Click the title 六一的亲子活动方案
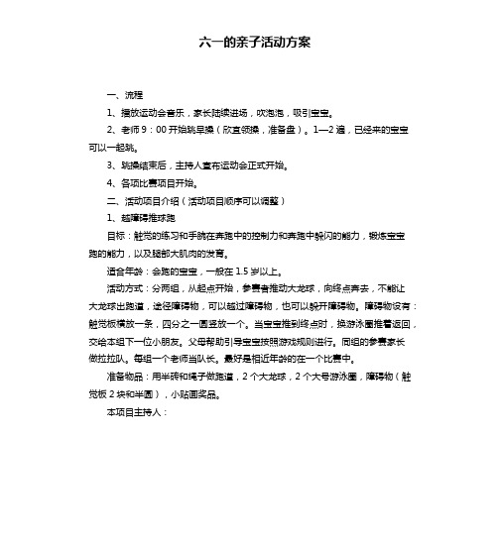(250, 43)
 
